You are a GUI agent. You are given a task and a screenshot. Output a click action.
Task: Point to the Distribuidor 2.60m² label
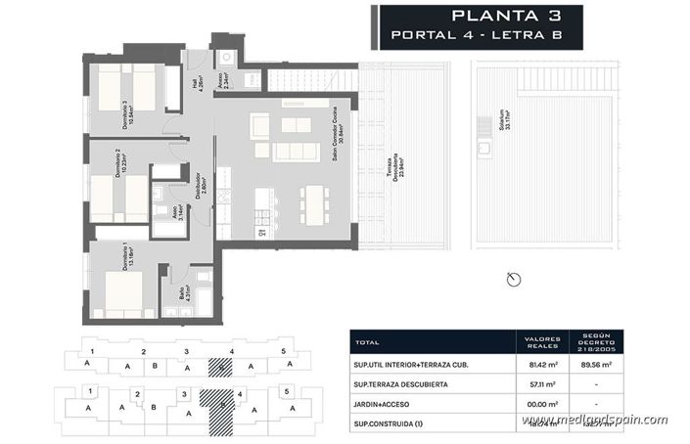[199, 186]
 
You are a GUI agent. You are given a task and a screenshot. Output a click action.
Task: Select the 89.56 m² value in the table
[597, 367]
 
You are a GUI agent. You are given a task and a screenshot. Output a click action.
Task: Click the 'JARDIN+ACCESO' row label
[385, 402]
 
